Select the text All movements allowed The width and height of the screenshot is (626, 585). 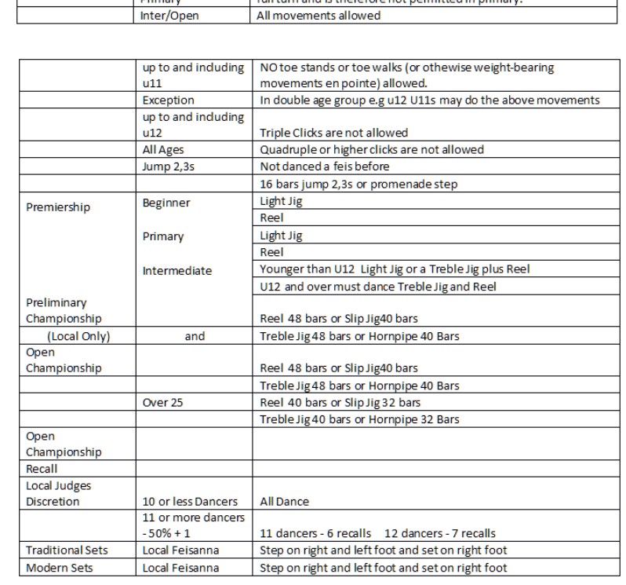point(319,15)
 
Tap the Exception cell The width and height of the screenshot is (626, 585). point(168,101)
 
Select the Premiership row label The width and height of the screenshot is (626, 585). point(57,208)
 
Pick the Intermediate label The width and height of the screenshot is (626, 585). point(177,271)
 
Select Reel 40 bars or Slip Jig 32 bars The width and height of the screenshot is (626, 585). point(340,403)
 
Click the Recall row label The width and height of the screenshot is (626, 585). point(42,469)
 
